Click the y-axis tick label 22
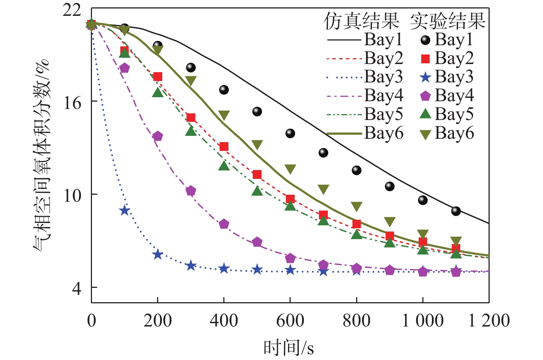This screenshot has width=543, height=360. tap(72, 10)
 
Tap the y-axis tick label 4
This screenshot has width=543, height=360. tap(76, 288)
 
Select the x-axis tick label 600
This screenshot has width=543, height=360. tap(290, 320)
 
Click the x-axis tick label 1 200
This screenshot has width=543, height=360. tap(489, 320)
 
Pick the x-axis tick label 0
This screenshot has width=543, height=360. tap(92, 320)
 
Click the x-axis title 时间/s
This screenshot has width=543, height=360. tap(289, 347)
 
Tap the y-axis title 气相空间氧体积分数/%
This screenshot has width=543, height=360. tap(41, 155)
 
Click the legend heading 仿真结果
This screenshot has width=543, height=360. tap(361, 21)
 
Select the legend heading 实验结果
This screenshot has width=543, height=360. tap(448, 21)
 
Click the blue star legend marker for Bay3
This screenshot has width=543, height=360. tap(425, 77)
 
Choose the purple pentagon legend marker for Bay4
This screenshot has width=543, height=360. tap(425, 96)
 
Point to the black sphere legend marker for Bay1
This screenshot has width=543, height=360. tap(425, 40)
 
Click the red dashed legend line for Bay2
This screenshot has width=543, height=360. tap(344, 59)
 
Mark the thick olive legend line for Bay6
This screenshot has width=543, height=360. tap(344, 134)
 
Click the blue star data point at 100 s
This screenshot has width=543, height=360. tap(125, 211)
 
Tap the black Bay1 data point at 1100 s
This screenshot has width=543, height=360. tap(456, 211)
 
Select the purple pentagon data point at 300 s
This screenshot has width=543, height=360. tap(191, 191)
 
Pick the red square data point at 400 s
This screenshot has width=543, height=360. tap(224, 147)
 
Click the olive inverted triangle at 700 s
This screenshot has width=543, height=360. tap(323, 190)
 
